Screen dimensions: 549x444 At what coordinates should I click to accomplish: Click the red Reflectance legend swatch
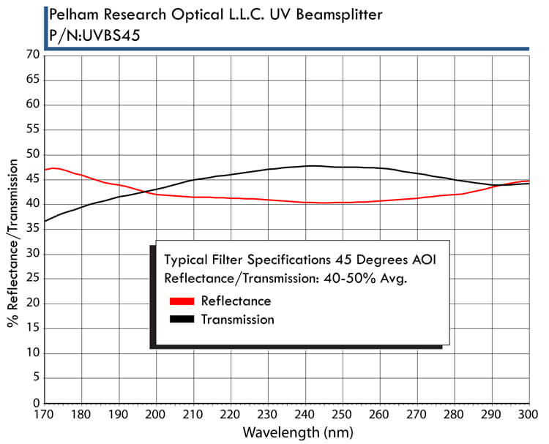click(x=182, y=301)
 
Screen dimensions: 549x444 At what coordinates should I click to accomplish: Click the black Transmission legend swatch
click(x=182, y=319)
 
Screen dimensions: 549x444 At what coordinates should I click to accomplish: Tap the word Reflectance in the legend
click(x=236, y=301)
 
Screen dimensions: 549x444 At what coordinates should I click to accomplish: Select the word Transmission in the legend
click(x=237, y=320)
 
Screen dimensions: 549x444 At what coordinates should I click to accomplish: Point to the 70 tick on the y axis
click(x=34, y=55)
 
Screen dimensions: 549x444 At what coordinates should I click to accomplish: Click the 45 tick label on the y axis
click(x=34, y=179)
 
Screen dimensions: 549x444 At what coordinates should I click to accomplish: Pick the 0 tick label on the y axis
click(x=37, y=403)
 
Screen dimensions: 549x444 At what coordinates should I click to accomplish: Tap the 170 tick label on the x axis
click(x=45, y=415)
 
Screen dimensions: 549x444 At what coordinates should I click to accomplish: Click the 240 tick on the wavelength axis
click(x=306, y=415)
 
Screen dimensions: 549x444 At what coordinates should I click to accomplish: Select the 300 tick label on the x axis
click(x=527, y=415)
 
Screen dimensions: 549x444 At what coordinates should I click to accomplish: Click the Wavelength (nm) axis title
click(x=298, y=432)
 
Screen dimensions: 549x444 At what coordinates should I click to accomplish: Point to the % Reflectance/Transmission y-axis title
click(x=12, y=244)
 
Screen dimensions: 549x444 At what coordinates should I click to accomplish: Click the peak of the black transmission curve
click(x=312, y=165)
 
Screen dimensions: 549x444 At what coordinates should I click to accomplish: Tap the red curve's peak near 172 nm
click(x=53, y=168)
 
